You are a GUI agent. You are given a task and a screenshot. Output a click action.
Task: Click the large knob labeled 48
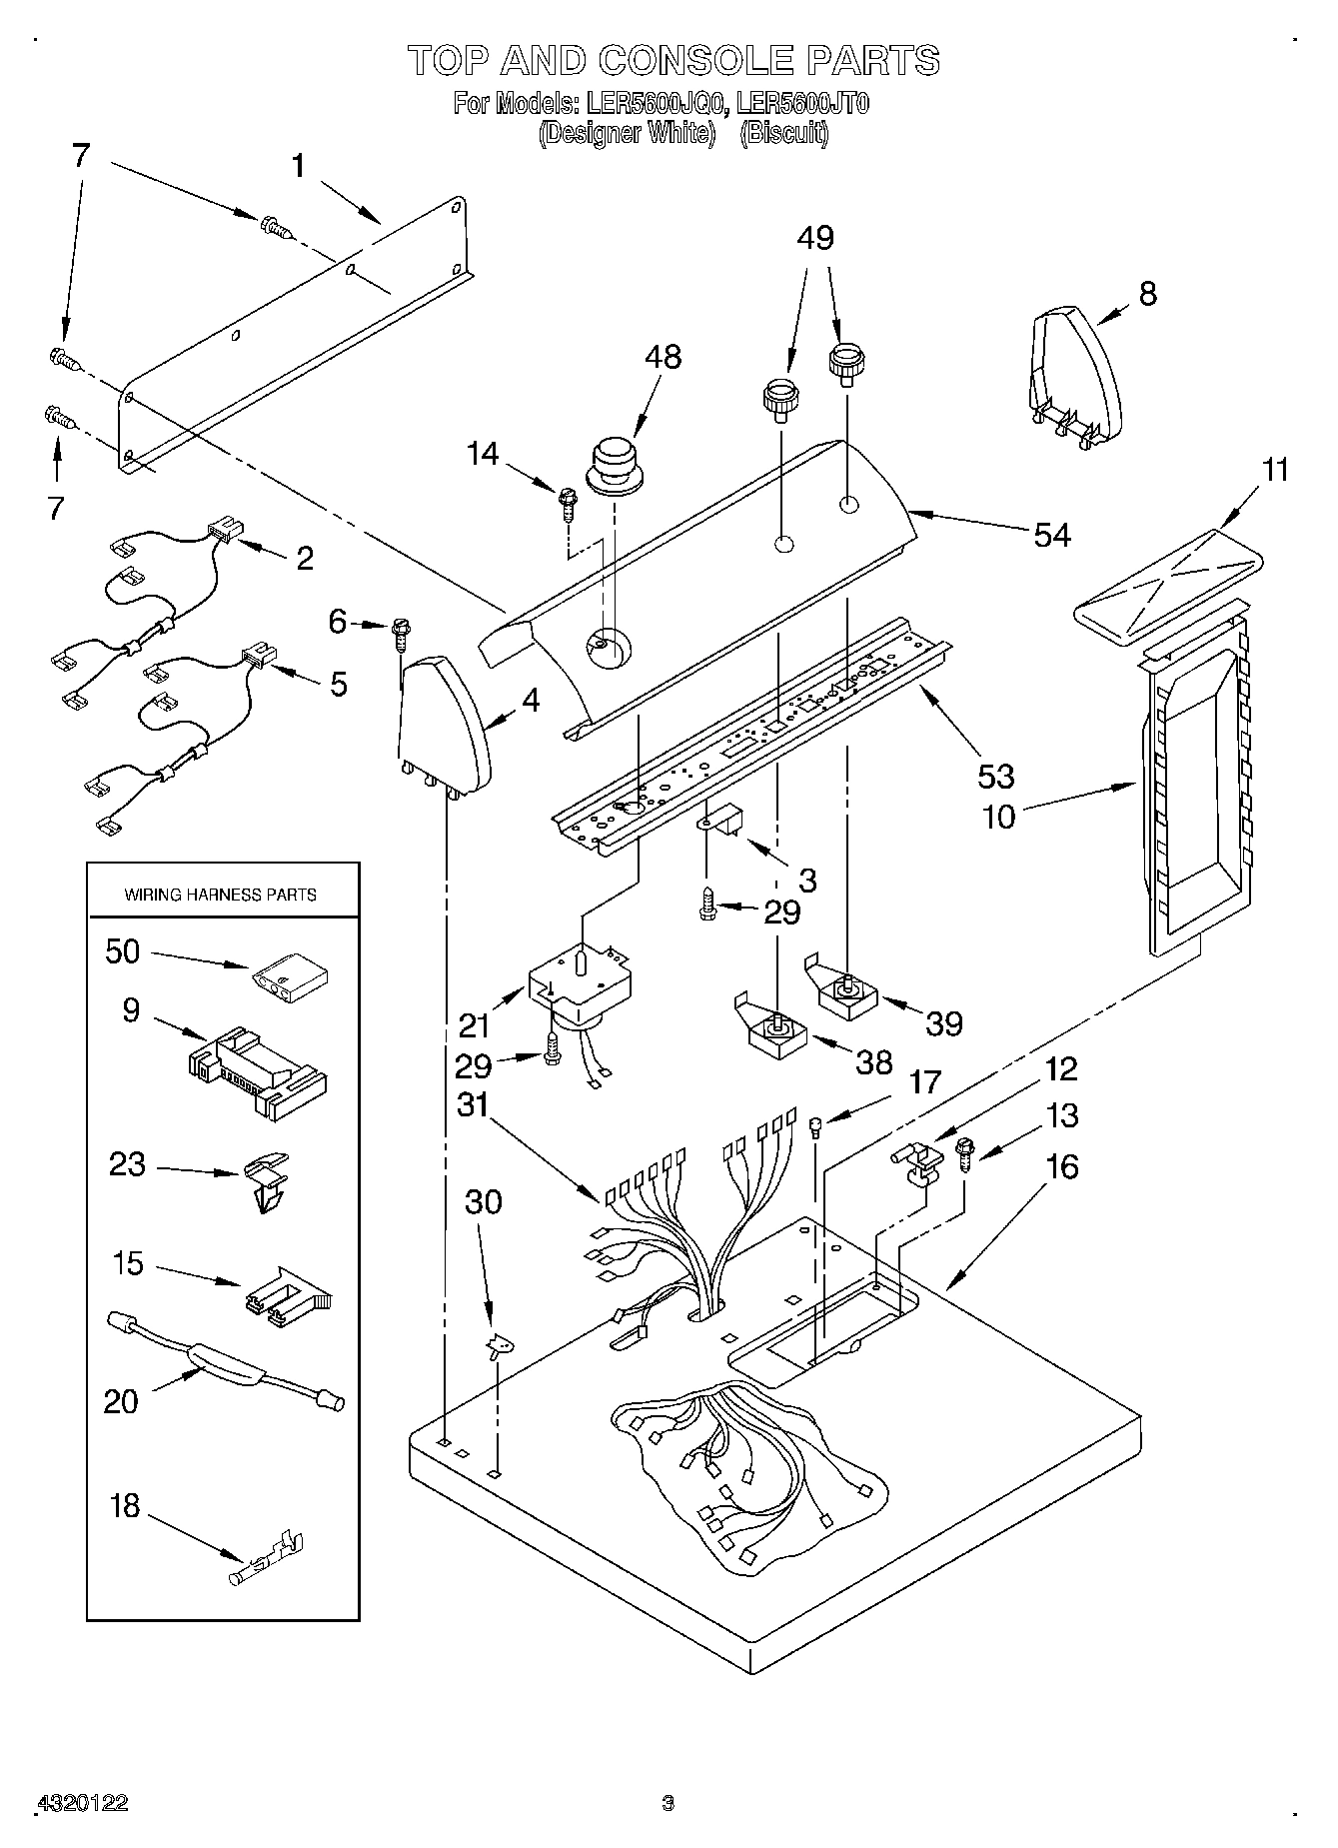pos(613,464)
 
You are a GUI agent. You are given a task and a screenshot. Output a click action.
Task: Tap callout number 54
pos(1051,535)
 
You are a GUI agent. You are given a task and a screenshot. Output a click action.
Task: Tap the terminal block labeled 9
pos(258,1069)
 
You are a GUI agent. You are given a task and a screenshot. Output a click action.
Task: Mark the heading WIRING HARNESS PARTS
pos(220,895)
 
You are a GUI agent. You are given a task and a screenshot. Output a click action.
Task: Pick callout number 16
pos(1062,1166)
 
